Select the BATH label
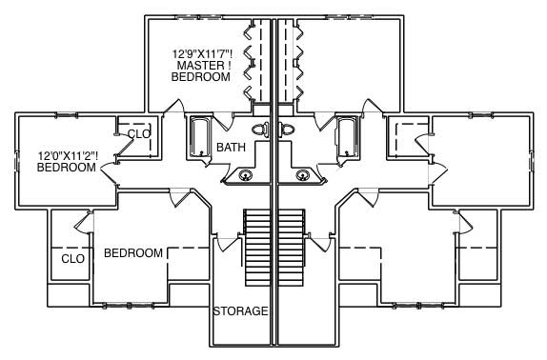pyautogui.click(x=232, y=148)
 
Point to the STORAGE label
pyautogui.click(x=240, y=311)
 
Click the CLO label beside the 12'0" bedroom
pyautogui.click(x=139, y=134)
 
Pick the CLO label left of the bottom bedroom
pyautogui.click(x=73, y=258)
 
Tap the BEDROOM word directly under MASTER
pyautogui.click(x=201, y=78)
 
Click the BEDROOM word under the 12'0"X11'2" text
pyautogui.click(x=67, y=168)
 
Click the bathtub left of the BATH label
pyautogui.click(x=200, y=137)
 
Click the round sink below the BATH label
pyautogui.click(x=246, y=174)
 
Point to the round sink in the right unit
pyautogui.click(x=303, y=174)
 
